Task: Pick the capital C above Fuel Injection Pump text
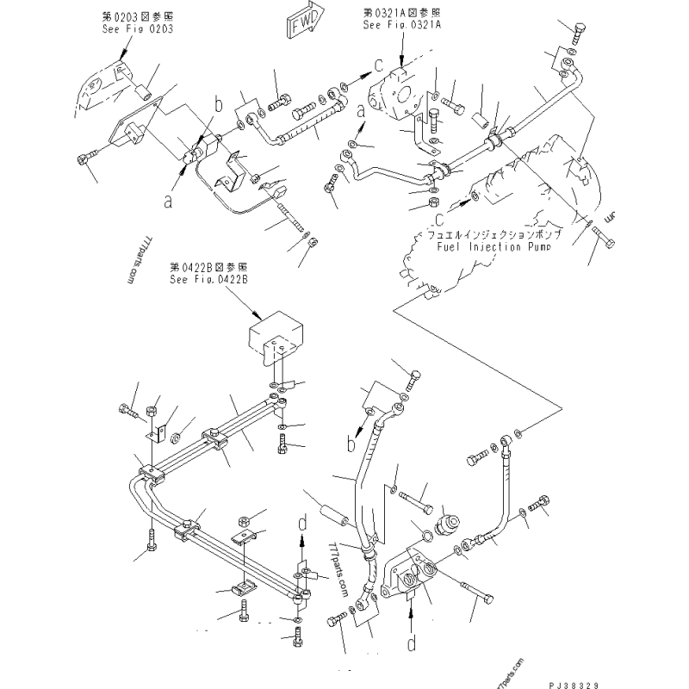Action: (x=438, y=217)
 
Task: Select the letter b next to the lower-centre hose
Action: (x=351, y=444)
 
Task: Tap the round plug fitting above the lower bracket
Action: (x=450, y=525)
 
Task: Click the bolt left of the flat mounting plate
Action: (x=84, y=158)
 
